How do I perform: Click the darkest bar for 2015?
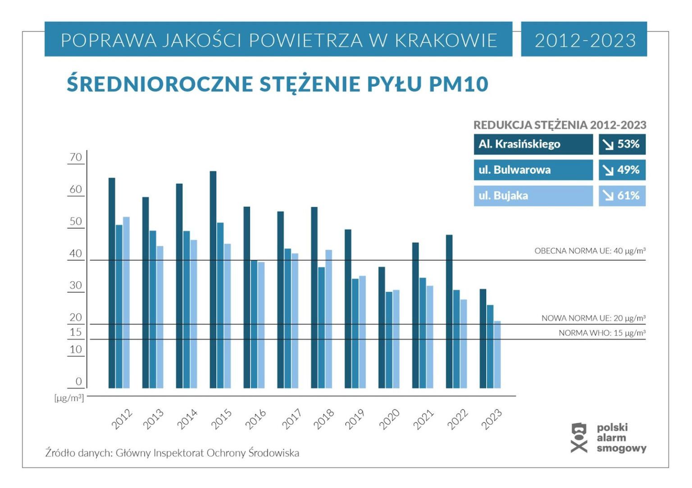click(213, 279)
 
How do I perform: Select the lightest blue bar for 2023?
click(497, 354)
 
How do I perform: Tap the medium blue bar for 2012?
click(119, 306)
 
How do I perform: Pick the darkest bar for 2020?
click(382, 327)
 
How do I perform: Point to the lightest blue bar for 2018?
click(328, 319)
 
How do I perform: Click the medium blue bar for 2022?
click(456, 339)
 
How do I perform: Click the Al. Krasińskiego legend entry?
click(533, 144)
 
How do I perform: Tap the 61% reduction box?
click(622, 196)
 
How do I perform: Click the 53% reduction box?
click(622, 144)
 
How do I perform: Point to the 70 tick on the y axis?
click(76, 157)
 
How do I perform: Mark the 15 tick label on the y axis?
click(76, 332)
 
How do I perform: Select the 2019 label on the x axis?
click(355, 419)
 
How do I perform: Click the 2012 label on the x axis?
click(122, 419)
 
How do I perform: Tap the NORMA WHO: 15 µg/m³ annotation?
click(602, 333)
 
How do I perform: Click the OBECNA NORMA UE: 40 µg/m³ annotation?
click(590, 251)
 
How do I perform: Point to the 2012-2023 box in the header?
click(584, 40)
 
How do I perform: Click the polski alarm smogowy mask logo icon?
click(579, 437)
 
